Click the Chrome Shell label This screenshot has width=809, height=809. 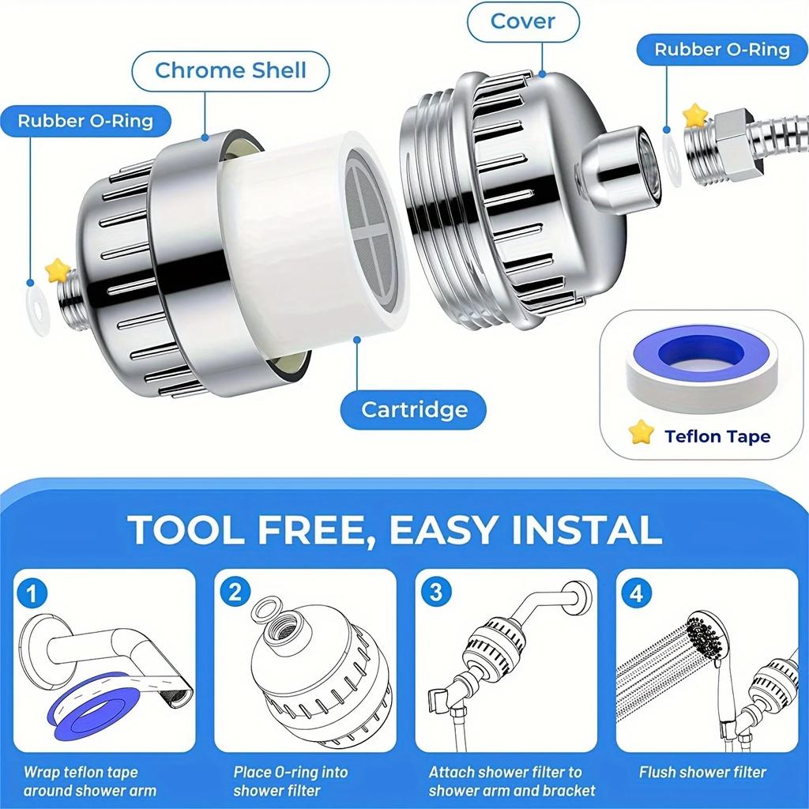tap(230, 70)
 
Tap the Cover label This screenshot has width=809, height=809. tap(521, 21)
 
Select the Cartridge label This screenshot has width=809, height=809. tap(414, 410)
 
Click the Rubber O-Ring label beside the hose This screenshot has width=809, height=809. tap(721, 50)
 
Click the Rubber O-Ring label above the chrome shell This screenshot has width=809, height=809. tap(85, 121)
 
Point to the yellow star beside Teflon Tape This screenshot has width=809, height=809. tap(642, 431)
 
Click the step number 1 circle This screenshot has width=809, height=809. tap(32, 593)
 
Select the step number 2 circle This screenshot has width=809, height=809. tap(235, 593)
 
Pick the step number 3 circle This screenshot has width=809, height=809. tap(435, 593)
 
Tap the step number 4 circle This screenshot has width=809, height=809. tap(637, 593)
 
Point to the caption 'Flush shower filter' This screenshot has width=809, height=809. tap(702, 772)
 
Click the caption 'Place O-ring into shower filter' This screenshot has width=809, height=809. tap(290, 781)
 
